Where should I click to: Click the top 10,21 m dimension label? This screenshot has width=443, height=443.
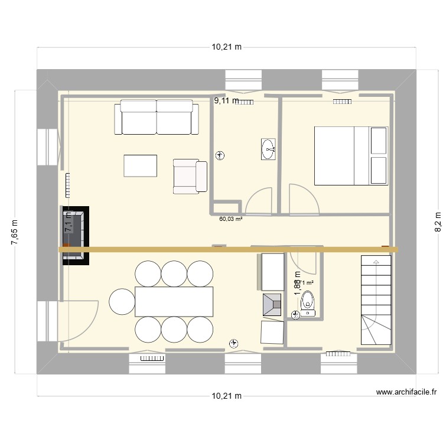(x=227, y=47)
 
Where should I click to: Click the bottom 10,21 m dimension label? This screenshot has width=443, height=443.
(x=227, y=396)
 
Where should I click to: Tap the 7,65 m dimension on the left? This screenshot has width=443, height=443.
(x=15, y=231)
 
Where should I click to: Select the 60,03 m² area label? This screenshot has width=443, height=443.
(x=231, y=219)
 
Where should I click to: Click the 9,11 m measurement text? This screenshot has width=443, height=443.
(x=226, y=101)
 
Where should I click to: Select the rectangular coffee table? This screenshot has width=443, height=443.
(x=141, y=165)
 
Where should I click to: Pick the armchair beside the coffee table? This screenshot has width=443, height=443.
(x=190, y=176)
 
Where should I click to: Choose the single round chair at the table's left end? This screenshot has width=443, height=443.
(x=122, y=301)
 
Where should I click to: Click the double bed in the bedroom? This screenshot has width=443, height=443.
(x=350, y=155)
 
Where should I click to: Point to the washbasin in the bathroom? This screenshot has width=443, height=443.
(x=269, y=149)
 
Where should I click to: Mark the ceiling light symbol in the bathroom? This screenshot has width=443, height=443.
(x=221, y=156)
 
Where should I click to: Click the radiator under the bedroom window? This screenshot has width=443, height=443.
(x=342, y=102)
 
